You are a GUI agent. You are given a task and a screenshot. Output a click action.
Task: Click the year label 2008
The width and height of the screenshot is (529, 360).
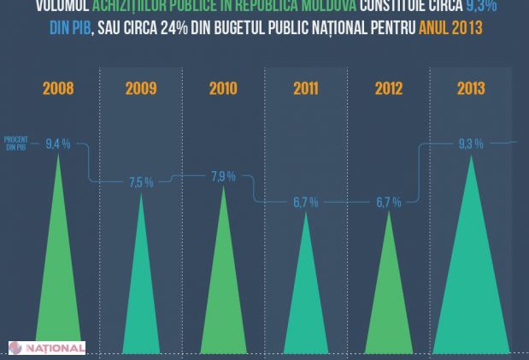tap(58, 88)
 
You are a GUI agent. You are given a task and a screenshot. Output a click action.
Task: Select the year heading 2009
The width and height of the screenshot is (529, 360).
tap(141, 88)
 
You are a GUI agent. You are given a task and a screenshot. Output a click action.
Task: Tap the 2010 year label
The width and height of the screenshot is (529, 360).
tap(223, 88)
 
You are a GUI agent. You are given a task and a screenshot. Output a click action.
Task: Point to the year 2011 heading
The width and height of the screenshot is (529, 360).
tap(305, 88)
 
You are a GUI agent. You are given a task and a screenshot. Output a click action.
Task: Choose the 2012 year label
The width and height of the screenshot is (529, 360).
tap(388, 88)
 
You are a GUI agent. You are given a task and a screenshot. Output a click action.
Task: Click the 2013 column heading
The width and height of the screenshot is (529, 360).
tap(471, 88)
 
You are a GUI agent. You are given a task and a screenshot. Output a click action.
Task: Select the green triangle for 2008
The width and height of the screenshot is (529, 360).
tap(58, 274)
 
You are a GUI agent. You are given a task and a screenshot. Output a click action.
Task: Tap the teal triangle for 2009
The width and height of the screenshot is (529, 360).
tap(141, 291)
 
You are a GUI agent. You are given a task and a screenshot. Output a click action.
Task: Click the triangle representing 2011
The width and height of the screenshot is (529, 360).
tap(305, 299)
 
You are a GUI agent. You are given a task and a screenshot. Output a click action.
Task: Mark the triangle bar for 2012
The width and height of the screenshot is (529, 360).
tap(388, 299)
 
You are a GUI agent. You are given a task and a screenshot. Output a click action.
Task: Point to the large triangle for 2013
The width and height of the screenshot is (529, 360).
tap(471, 274)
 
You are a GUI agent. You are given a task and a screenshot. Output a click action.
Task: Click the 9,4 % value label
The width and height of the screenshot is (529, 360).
tap(58, 143)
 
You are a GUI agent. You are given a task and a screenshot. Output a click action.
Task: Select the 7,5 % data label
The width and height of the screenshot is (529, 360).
tap(141, 182)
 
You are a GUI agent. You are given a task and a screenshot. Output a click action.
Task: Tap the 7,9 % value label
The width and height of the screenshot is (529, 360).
tap(223, 177)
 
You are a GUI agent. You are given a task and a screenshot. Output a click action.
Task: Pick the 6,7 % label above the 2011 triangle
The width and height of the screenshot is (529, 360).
tap(305, 203)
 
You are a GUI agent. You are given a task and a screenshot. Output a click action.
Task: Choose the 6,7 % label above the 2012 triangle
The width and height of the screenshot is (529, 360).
tap(388, 203)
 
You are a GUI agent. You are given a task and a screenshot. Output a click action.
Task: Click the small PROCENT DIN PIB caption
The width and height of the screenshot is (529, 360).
tap(16, 144)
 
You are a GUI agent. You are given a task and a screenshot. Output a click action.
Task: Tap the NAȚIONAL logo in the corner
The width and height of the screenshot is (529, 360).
tap(46, 347)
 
